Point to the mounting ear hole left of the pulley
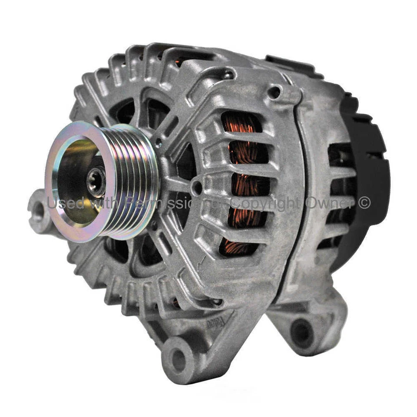38,210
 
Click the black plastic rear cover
369,174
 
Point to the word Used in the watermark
61,203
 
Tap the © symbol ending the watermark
364,203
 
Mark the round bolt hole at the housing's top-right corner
274,92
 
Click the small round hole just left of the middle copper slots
197,188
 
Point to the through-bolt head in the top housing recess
226,76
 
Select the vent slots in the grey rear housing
339,182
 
